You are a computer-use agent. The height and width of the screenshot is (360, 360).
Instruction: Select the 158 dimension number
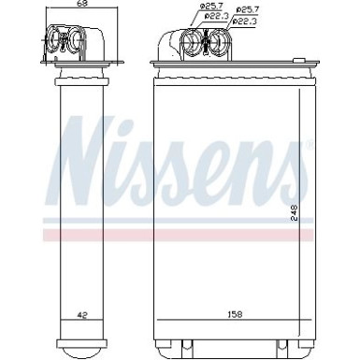[x=228, y=316]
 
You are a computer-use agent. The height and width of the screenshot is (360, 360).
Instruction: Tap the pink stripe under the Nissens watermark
[x=178, y=229]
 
